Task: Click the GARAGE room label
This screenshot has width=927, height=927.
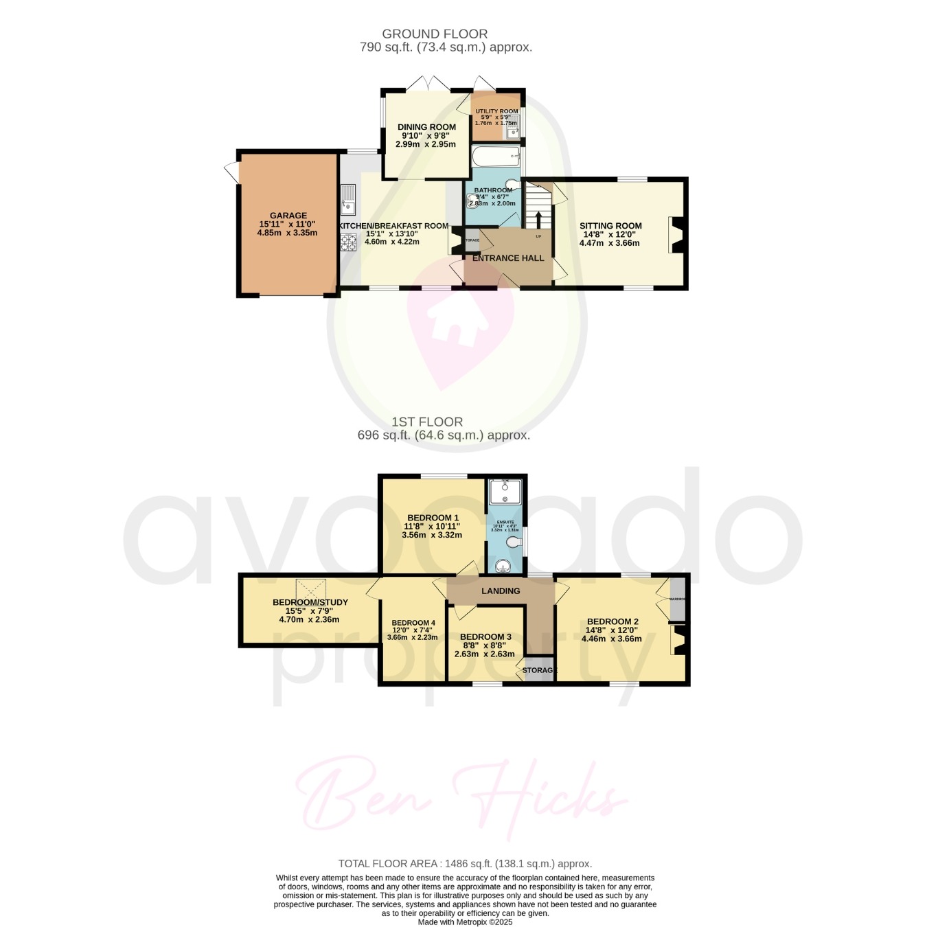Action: [288, 216]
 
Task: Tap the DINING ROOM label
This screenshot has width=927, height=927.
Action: [426, 127]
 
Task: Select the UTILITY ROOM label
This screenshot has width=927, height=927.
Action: [497, 111]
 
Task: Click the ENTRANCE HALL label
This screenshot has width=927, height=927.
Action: [508, 258]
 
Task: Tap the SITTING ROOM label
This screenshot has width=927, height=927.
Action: [610, 226]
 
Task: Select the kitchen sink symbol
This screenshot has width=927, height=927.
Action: [348, 198]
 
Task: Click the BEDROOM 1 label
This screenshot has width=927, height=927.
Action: [433, 518]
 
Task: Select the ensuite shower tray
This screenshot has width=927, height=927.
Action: [505, 492]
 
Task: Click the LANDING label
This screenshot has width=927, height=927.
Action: [501, 591]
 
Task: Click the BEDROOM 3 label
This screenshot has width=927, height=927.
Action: [485, 637]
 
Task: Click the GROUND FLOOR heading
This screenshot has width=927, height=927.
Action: [435, 34]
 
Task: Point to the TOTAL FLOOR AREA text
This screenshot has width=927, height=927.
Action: [465, 864]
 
